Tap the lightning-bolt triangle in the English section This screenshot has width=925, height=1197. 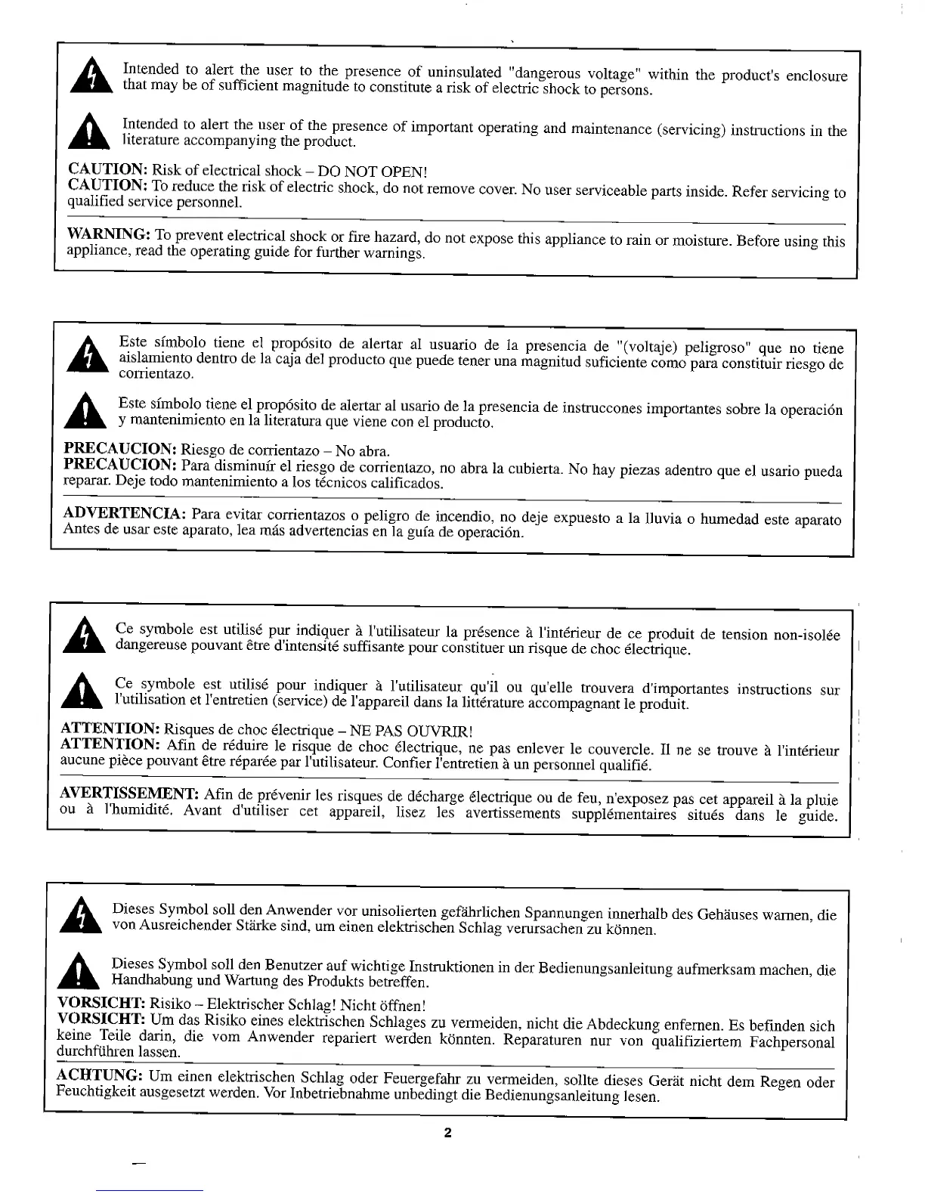click(x=91, y=78)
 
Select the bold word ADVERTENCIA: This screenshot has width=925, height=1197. click(x=125, y=515)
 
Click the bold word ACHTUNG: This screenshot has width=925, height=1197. click(x=99, y=1075)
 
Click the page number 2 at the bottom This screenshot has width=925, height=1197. click(x=447, y=1133)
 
